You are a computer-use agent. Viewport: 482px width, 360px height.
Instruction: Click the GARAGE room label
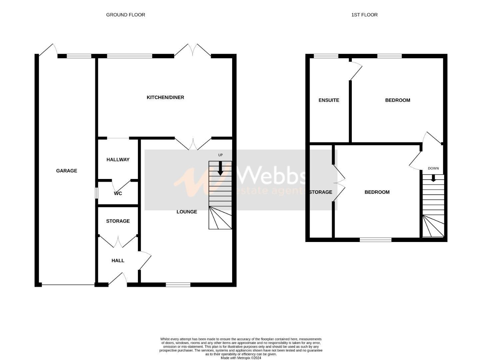67,171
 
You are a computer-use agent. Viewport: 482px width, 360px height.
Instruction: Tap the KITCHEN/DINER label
165,97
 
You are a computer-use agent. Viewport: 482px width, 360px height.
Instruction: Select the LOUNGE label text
187,212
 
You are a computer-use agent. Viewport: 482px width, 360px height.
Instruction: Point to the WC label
118,193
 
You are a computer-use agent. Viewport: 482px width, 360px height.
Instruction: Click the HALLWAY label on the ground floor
118,160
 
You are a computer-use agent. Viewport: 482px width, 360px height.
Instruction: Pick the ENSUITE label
329,100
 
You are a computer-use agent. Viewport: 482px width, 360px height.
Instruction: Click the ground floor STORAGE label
118,221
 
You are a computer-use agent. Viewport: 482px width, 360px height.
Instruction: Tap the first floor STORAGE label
320,192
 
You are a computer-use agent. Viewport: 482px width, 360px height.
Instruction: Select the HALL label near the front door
118,260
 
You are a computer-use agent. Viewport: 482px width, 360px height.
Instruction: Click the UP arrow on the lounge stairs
220,168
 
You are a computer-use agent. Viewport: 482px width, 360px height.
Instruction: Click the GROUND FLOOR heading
126,15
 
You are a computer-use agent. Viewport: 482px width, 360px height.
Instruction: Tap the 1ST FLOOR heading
364,15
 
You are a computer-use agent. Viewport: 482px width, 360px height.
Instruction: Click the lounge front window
178,285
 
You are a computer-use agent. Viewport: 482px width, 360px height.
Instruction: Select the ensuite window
326,56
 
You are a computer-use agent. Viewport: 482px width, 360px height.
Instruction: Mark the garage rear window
79,56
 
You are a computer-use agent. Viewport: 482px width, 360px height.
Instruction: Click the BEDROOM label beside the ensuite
397,100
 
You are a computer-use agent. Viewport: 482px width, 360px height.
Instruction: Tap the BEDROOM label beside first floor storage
377,192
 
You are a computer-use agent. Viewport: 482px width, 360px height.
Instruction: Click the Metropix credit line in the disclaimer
241,358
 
